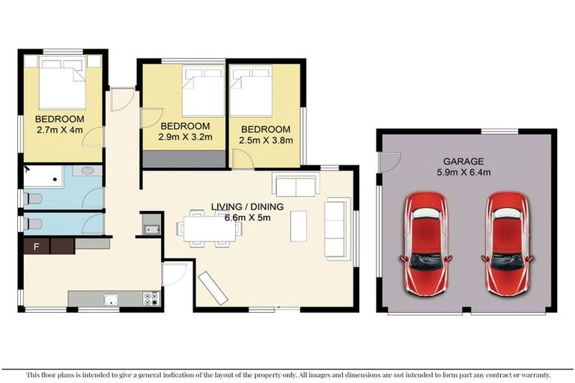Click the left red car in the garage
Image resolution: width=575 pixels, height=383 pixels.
click(x=426, y=243)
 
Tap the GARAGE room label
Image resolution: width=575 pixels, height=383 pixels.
click(x=463, y=161)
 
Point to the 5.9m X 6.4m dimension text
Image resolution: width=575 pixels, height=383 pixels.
click(x=464, y=173)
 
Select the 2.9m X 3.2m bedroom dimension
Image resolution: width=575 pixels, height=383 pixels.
click(x=185, y=137)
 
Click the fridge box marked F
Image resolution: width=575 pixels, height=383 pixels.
click(x=36, y=245)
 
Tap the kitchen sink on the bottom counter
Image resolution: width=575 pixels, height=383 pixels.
click(x=112, y=299)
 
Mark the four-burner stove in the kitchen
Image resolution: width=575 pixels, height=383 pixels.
click(x=150, y=298)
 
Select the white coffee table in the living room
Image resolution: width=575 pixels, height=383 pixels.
click(x=298, y=226)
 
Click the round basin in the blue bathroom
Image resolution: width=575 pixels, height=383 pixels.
click(x=88, y=171)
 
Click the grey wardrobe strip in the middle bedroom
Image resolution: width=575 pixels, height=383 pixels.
click(x=184, y=159)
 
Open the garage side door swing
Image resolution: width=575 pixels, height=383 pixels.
click(x=389, y=162)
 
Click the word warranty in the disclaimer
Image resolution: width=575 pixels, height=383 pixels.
click(x=532, y=375)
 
